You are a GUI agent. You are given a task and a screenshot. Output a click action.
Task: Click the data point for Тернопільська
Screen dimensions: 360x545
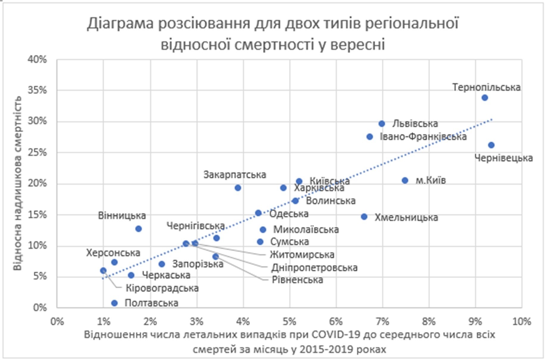485,98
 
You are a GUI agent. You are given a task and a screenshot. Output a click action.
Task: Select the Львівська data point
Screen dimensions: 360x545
382,124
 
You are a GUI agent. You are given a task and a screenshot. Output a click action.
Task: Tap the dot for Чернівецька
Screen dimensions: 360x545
491,145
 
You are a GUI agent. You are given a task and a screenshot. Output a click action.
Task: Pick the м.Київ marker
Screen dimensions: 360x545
405,180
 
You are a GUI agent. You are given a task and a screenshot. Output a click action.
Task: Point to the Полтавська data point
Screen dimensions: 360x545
114,303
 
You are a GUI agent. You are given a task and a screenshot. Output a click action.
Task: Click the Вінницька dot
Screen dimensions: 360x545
138,229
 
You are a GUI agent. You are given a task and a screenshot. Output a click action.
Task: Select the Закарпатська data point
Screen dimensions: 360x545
238,188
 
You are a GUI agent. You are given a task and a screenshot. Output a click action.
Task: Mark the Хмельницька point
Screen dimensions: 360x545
364,217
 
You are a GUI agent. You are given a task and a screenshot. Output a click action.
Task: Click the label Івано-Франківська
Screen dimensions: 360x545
423,137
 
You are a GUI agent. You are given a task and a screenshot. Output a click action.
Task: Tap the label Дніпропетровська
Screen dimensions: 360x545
314,268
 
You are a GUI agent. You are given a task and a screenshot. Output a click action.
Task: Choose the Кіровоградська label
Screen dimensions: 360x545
162,288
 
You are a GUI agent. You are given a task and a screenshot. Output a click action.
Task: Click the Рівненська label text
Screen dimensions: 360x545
297,280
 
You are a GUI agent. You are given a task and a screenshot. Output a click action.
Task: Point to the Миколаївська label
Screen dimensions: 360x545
306,230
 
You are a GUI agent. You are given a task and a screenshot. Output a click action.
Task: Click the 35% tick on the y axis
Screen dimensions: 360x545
38,90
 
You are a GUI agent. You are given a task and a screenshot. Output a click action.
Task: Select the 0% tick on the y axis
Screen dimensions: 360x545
40,307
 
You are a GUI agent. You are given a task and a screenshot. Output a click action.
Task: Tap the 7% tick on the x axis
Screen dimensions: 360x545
382,322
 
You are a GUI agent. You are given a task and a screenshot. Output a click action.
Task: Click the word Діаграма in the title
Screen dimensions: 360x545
120,24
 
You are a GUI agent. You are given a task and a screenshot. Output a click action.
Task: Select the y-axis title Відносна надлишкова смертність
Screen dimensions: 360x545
17,183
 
